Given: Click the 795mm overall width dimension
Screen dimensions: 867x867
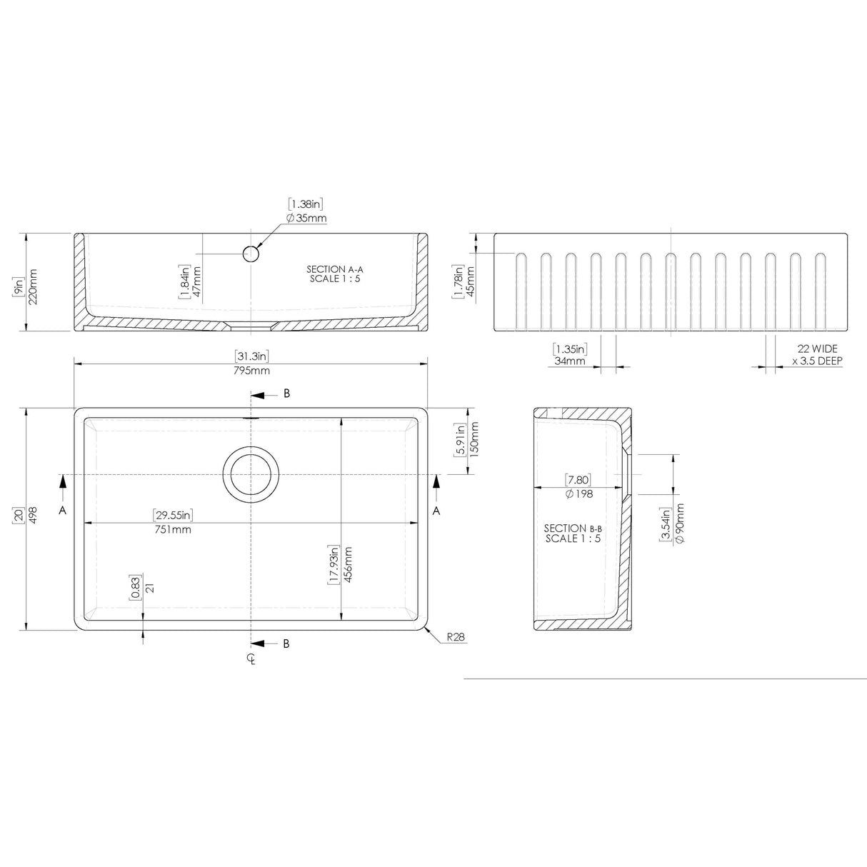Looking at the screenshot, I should click(251, 371).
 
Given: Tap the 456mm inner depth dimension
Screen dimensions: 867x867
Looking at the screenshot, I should click(348, 566).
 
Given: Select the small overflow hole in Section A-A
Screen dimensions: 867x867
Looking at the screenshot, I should click(251, 254).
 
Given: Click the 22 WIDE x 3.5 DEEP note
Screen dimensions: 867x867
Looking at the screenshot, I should click(818, 355).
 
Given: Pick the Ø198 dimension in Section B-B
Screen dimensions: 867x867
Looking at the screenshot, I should click(578, 493).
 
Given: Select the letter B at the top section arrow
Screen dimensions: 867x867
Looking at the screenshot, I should click(287, 394).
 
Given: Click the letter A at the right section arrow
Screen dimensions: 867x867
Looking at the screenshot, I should click(436, 511).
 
